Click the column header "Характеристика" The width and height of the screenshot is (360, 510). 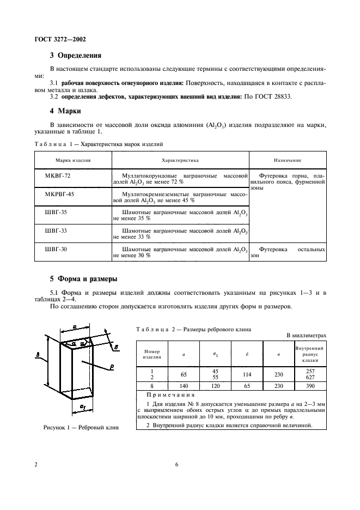pyautogui.click(x=180, y=161)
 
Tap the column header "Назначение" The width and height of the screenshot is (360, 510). pyautogui.click(x=288, y=161)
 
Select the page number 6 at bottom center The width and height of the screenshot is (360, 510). pyautogui.click(x=177, y=464)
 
